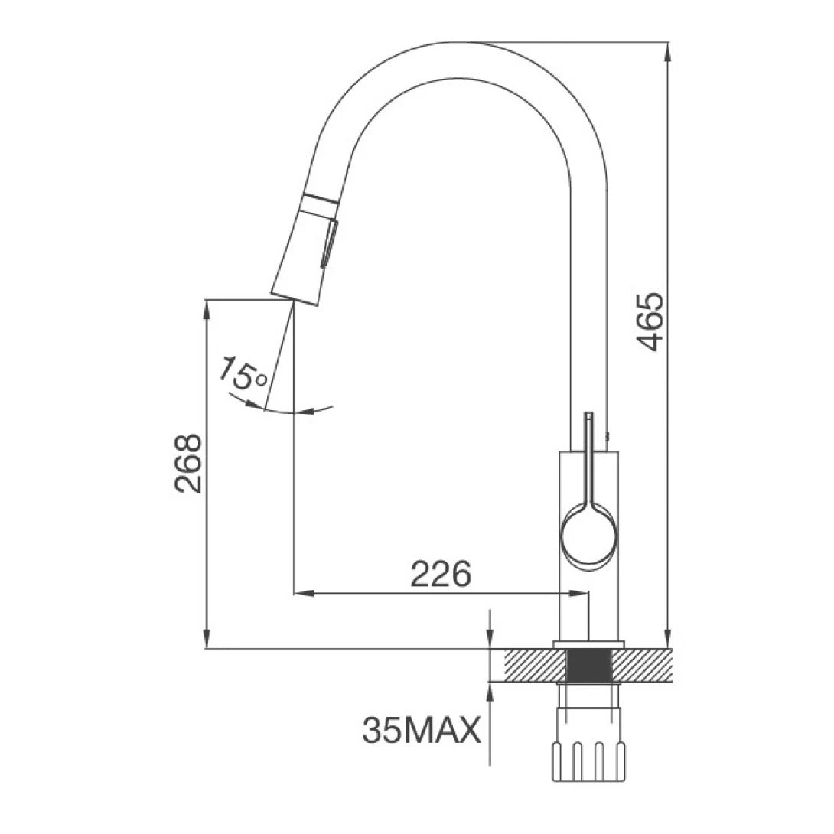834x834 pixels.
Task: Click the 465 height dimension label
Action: coord(651,321)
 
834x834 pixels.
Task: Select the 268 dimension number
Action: coord(188,463)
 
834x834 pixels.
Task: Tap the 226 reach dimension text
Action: coord(440,574)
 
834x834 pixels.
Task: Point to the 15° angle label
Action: coord(242,374)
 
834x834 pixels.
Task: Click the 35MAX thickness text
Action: coord(422,731)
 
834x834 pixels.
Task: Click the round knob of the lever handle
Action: coord(588,535)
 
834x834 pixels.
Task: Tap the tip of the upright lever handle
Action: coord(588,417)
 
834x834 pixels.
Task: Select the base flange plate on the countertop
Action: coord(588,643)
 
